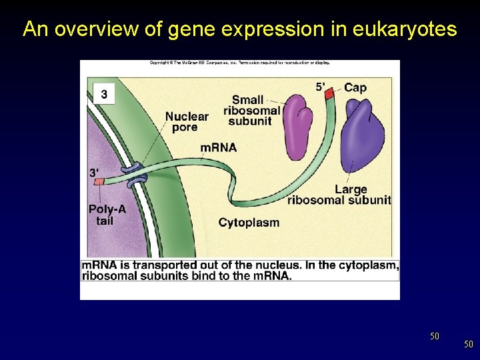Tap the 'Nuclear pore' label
point(187,121)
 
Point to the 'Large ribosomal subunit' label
point(340,195)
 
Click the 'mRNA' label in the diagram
point(218,147)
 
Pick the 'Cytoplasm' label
point(249,223)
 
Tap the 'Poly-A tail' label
point(107,215)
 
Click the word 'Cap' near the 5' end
point(355,87)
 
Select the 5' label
point(321,86)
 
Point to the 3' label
point(95,172)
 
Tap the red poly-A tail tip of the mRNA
point(99,181)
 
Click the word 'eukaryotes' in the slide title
point(407,29)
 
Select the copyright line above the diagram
point(240,63)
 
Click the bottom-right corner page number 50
point(469,344)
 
